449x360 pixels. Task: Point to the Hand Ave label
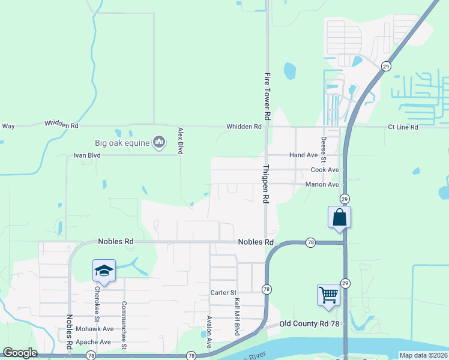click(303, 155)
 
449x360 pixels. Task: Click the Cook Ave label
click(325, 170)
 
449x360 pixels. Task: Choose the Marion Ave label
click(322, 184)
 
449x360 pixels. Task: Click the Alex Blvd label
click(180, 140)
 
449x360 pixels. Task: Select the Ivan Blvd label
click(87, 155)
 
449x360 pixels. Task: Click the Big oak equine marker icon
click(159, 142)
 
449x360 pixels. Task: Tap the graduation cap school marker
click(104, 271)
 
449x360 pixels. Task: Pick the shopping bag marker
click(339, 217)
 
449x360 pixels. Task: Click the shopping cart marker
click(328, 295)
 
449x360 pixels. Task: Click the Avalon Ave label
click(209, 332)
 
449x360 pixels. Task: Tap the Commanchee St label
click(124, 325)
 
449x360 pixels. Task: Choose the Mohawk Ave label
click(94, 329)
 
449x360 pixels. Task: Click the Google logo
click(20, 353)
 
